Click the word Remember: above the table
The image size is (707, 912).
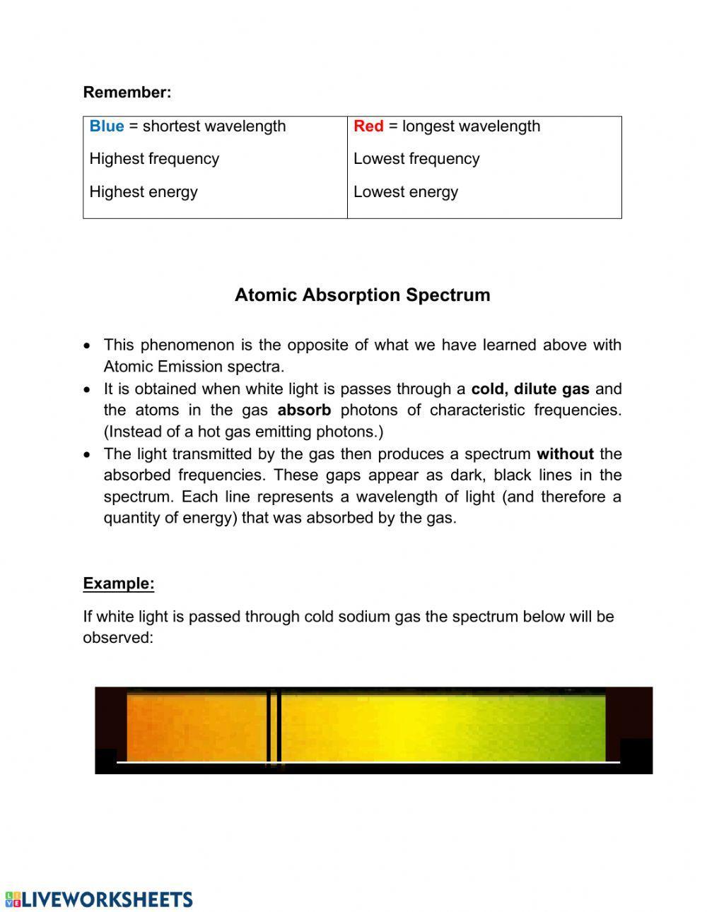(127, 92)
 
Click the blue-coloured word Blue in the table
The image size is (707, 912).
(106, 126)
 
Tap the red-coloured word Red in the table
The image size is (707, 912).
(368, 126)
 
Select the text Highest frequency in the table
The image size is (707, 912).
(154, 159)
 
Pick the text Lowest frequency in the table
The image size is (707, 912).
(416, 159)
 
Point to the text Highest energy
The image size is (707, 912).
(144, 192)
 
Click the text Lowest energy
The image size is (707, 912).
(406, 192)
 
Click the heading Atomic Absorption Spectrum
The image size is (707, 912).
(362, 295)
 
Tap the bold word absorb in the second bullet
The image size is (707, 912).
(304, 410)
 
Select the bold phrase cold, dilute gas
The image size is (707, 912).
(530, 389)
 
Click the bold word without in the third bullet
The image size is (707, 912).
(565, 454)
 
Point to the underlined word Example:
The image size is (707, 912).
(119, 584)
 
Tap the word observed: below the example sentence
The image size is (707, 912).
(118, 638)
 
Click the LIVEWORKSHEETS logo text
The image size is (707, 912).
(106, 899)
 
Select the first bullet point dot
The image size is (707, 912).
(87, 346)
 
